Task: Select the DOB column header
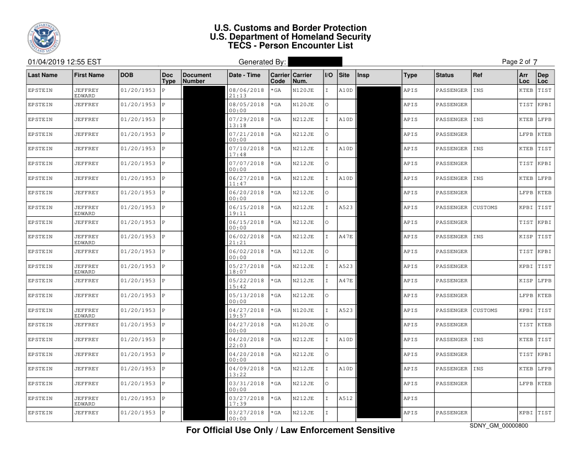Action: (x=128, y=75)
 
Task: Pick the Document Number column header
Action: (x=197, y=78)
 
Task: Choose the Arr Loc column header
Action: (x=524, y=78)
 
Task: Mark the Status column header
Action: (x=445, y=75)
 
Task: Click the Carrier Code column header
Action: (x=278, y=78)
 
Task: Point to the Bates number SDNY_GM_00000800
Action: (x=501, y=425)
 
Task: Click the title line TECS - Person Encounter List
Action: (x=290, y=46)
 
